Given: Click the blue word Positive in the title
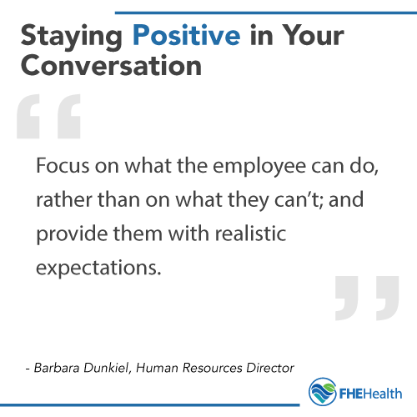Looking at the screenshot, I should [184, 36].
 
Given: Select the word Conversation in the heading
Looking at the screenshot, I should [110, 65].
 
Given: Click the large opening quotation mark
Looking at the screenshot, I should [48, 118].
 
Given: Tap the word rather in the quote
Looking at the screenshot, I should [61, 202].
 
